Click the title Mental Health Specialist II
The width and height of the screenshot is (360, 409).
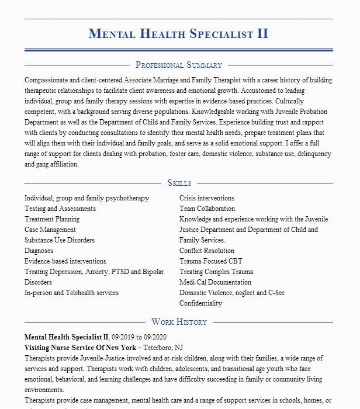coord(178,33)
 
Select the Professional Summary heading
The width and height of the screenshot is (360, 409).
coord(178,65)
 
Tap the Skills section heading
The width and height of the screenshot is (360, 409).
coord(179,183)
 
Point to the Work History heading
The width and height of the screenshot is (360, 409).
coord(179,321)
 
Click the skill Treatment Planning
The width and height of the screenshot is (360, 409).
coord(52,219)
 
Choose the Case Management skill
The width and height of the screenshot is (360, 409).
coord(50,230)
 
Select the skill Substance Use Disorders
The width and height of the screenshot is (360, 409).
coord(60,240)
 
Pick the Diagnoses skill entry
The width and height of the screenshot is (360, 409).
coord(39,251)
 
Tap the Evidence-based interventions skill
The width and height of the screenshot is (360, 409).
coord(65,261)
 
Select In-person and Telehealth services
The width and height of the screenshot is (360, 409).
coord(71,293)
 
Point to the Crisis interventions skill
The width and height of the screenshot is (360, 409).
coord(207,198)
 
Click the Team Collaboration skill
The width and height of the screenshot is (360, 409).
coord(207,209)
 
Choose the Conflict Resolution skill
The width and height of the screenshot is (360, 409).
coord(207,251)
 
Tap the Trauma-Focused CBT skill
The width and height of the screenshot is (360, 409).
coord(210,261)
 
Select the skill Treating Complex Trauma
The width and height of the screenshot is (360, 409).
coord(216,272)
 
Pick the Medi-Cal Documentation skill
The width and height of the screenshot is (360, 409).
coord(215,282)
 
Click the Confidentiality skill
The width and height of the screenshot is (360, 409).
coord(200,303)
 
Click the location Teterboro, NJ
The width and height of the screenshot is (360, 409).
coord(164,347)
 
